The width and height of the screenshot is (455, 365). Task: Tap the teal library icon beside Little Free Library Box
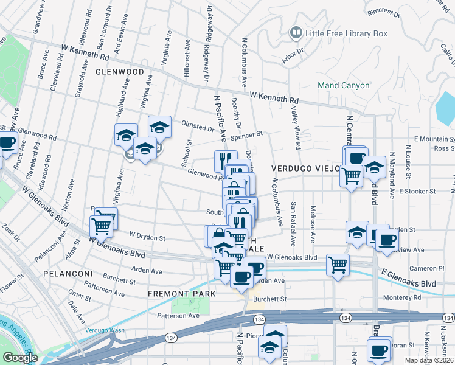tap(296, 33)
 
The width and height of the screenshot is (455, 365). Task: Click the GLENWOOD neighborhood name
tap(119, 72)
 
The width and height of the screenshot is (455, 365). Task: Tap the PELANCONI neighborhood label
tap(68, 274)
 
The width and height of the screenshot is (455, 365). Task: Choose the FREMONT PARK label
tap(182, 294)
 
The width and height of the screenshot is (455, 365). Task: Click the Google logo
tap(20, 358)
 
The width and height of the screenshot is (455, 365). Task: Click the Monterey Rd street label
tap(404, 298)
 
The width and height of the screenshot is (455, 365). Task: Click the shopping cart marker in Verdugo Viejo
tap(351, 176)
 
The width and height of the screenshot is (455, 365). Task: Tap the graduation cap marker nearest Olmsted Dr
tap(159, 127)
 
